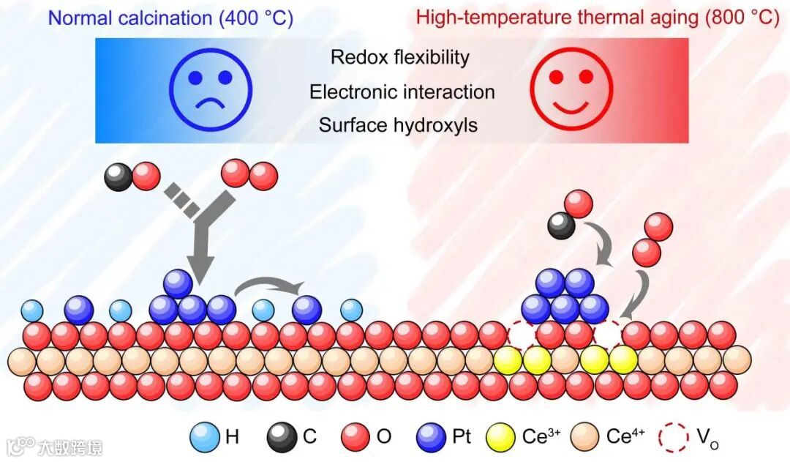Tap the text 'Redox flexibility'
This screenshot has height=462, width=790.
click(x=399, y=57)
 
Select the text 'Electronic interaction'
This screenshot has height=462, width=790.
click(x=402, y=92)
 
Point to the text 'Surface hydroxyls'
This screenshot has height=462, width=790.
click(x=398, y=125)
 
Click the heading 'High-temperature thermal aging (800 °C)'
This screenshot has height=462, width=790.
click(x=598, y=18)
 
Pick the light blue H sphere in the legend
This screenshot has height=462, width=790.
click(x=204, y=437)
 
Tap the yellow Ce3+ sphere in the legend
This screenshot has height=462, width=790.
click(x=503, y=437)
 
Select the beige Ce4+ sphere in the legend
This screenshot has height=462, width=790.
click(x=586, y=437)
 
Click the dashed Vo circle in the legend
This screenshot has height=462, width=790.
click(x=673, y=437)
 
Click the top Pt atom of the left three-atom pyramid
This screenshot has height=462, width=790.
click(x=178, y=284)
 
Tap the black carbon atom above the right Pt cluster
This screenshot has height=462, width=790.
click(x=561, y=226)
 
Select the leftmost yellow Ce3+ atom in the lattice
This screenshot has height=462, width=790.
click(x=508, y=360)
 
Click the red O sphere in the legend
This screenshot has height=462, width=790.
click(x=356, y=437)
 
